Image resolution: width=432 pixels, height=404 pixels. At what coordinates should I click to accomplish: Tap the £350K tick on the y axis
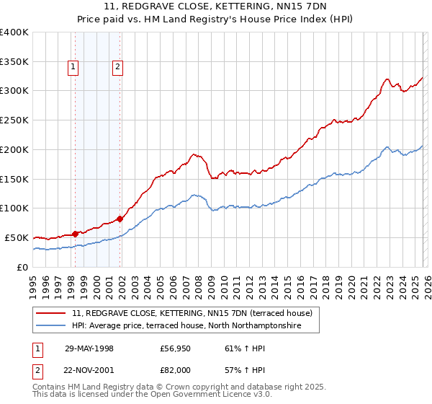14,61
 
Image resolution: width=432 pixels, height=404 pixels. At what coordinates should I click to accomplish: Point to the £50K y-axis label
17,237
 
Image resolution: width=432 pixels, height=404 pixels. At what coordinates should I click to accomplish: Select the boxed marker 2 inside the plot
117,68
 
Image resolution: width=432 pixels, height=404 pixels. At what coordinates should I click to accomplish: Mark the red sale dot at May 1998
76,233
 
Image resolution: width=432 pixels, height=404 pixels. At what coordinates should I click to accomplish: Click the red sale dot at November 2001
120,219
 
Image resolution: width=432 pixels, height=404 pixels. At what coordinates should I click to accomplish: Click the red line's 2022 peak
387,79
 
